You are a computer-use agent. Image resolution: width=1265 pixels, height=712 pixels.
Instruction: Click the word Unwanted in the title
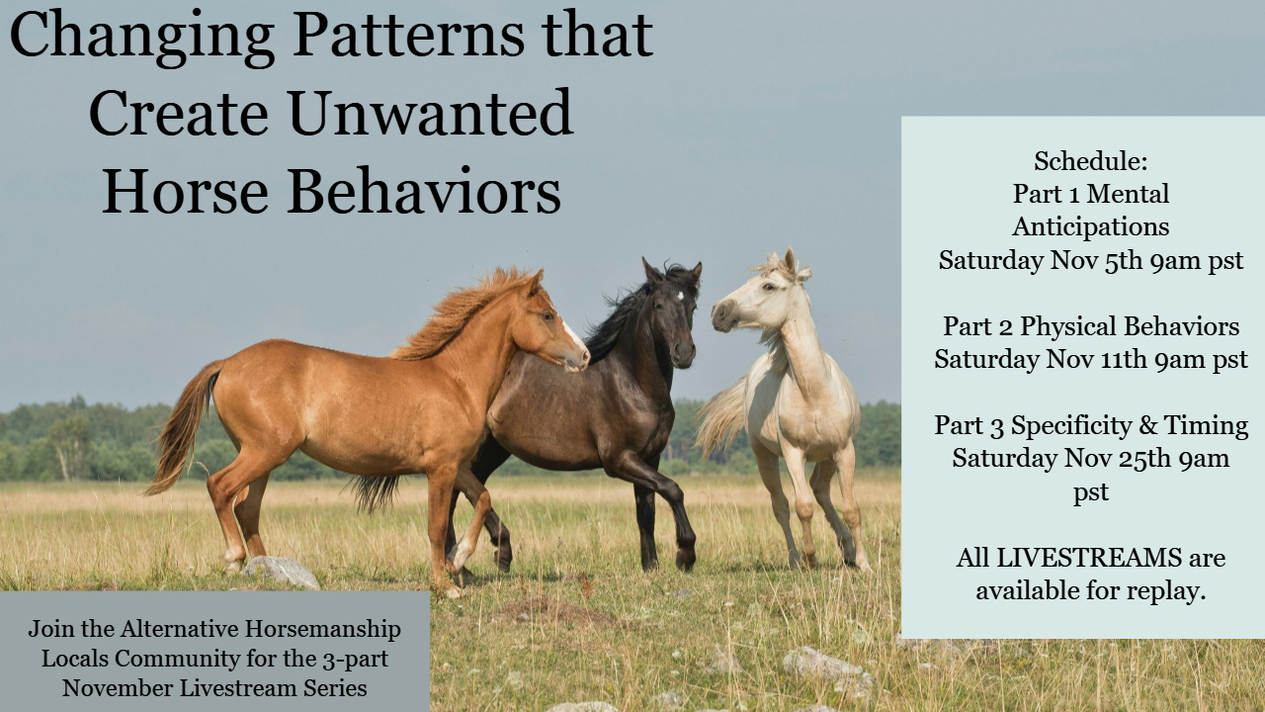(x=431, y=113)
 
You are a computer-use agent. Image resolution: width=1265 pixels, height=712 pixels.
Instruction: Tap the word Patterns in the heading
(x=409, y=35)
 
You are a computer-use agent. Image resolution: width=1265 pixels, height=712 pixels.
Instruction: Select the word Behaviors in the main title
(x=424, y=190)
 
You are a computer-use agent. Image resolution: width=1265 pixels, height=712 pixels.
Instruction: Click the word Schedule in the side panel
(x=1088, y=161)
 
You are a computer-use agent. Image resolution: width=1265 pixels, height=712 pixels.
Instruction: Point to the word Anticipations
(x=1090, y=227)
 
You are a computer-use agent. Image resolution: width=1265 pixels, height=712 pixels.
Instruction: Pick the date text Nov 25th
(x=1117, y=458)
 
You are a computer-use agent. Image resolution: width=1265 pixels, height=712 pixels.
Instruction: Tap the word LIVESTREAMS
(x=1089, y=558)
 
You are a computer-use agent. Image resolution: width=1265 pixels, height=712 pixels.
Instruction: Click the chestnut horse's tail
(x=182, y=428)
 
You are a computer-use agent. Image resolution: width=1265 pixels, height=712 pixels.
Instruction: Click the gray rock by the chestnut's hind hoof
(x=282, y=572)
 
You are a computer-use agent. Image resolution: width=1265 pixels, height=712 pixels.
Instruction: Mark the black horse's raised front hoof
(x=685, y=559)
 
